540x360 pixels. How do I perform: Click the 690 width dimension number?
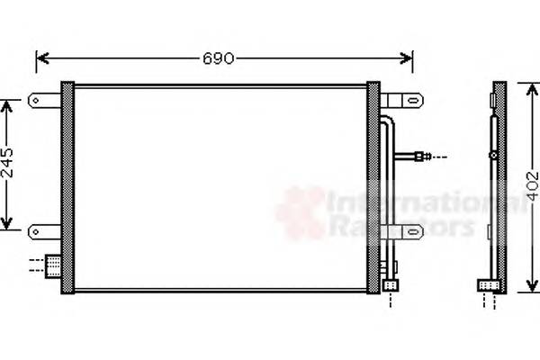pyautogui.click(x=218, y=59)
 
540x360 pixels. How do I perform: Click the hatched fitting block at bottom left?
pyautogui.click(x=54, y=265)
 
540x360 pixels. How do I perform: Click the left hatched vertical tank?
pyautogui.click(x=67, y=186)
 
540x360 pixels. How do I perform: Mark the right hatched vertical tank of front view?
pyautogui.click(x=373, y=186)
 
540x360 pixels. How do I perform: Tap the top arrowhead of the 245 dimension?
pyautogui.click(x=8, y=105)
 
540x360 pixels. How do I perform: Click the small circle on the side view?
pyautogui.click(x=492, y=156)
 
